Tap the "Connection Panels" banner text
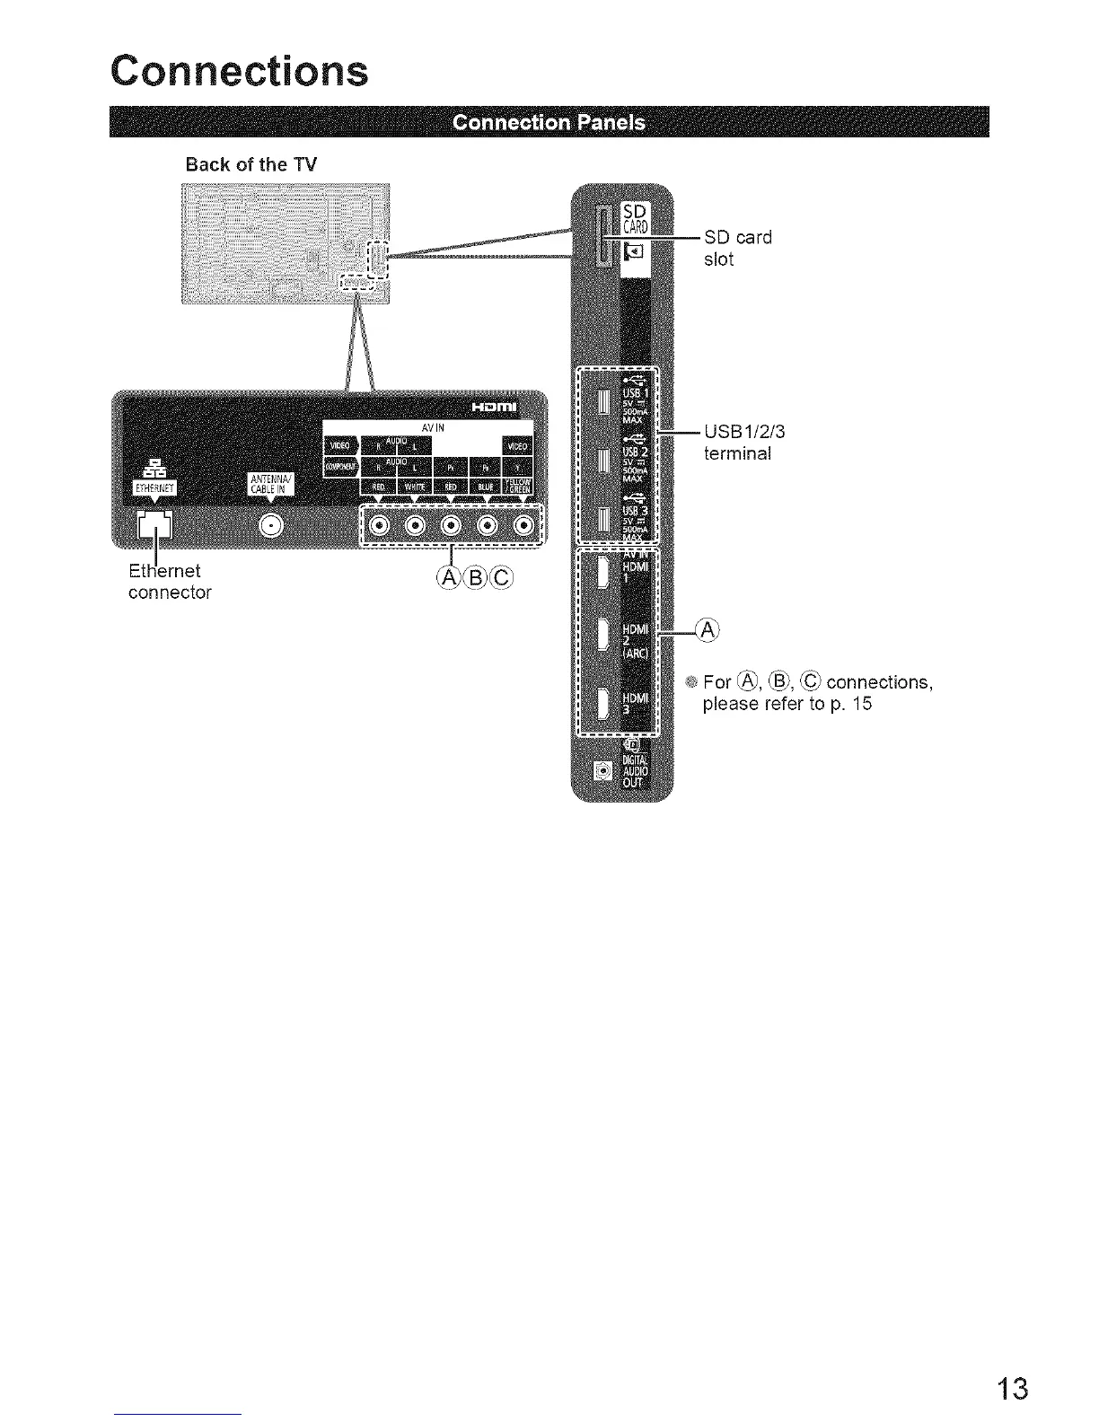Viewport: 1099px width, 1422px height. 549,122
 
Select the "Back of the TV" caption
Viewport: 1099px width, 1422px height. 251,164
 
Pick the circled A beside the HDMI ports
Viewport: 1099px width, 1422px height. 708,630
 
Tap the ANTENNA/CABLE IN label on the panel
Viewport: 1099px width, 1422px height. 268,485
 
